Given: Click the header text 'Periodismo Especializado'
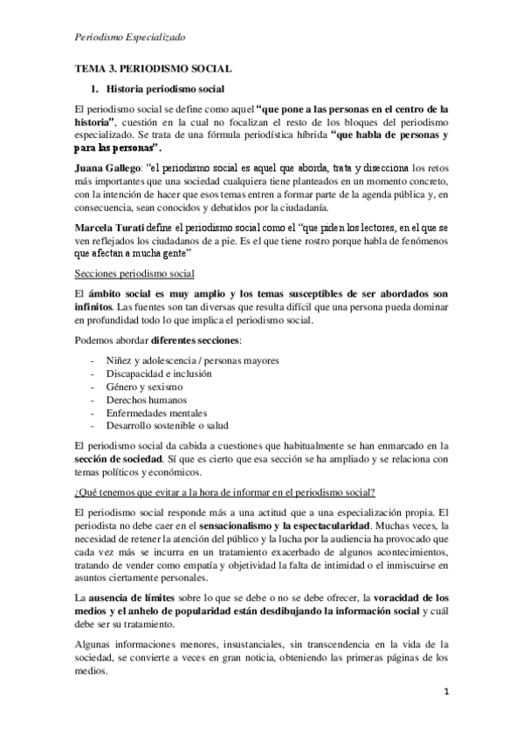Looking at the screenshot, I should click(x=128, y=38).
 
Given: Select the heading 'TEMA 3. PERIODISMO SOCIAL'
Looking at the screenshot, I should click(x=152, y=69).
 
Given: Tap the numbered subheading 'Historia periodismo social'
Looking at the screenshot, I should click(x=165, y=89).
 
